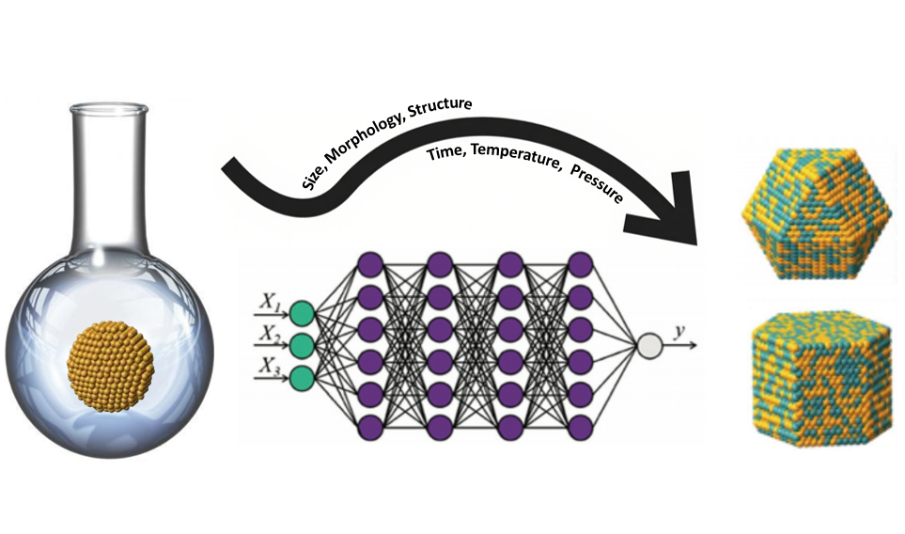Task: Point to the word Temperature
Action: [517, 157]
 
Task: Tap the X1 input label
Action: [269, 303]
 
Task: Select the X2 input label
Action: [270, 335]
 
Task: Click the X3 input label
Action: [270, 368]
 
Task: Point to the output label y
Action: [679, 333]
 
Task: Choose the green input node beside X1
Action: [301, 313]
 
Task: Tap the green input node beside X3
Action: [301, 378]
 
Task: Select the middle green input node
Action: [301, 346]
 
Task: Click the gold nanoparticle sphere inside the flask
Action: [110, 368]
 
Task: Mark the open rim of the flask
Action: [108, 108]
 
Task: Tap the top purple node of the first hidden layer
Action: [371, 264]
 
